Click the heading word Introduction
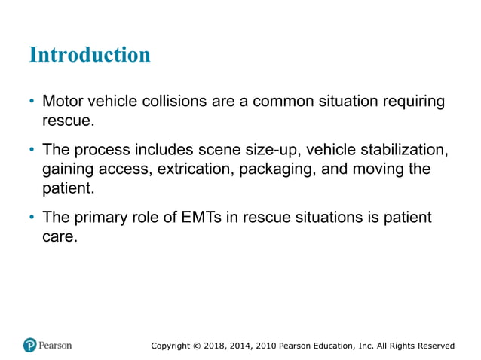tap(89, 55)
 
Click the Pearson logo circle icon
tap(30, 345)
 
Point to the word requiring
tap(414, 101)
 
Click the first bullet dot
tap(32, 102)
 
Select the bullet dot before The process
tap(32, 150)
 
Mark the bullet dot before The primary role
tap(32, 218)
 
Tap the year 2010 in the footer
tap(264, 346)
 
